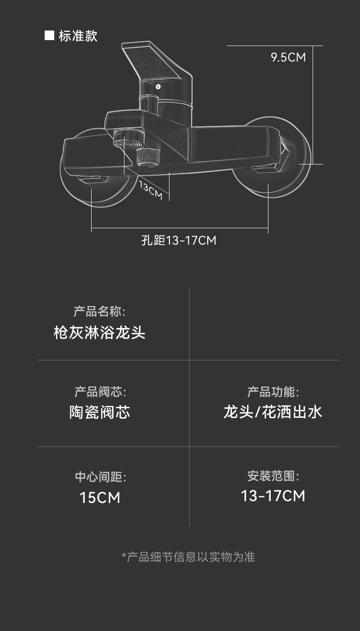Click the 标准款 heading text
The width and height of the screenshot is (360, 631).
click(x=78, y=36)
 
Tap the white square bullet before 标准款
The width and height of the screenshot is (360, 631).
click(x=49, y=36)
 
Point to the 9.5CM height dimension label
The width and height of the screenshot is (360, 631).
click(x=288, y=57)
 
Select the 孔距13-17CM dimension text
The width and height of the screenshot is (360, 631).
click(x=179, y=240)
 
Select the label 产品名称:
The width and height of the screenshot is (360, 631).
click(x=99, y=312)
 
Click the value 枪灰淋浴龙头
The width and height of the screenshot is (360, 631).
click(x=99, y=333)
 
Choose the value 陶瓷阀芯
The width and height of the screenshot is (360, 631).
click(x=100, y=412)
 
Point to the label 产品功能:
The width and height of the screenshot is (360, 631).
click(x=273, y=391)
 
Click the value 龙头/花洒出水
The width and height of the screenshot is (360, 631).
click(x=273, y=412)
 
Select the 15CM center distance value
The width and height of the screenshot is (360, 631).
click(x=100, y=498)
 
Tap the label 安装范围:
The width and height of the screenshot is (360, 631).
click(x=273, y=477)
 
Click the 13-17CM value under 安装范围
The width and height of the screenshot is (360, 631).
click(x=273, y=496)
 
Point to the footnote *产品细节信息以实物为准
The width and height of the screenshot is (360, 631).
click(x=188, y=556)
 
